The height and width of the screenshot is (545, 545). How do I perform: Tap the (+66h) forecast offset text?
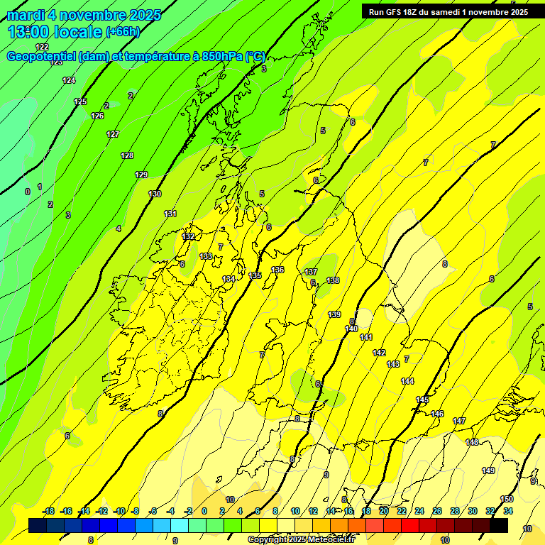tap(123, 32)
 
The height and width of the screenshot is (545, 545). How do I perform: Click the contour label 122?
tap(42, 47)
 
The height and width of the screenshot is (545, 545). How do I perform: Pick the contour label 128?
tap(127, 155)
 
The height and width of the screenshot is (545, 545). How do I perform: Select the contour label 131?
tap(170, 214)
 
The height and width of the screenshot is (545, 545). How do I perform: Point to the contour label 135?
tap(255, 275)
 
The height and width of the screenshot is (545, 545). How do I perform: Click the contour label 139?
tap(335, 314)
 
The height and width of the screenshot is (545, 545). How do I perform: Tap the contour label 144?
tap(407, 381)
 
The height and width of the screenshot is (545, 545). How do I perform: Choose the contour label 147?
tap(459, 421)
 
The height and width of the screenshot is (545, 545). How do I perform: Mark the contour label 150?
tap(507, 499)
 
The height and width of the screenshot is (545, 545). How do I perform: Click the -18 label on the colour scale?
tap(48, 511)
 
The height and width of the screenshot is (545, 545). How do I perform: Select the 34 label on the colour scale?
tap(508, 511)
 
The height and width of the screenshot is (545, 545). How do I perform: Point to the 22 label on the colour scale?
tap(401, 511)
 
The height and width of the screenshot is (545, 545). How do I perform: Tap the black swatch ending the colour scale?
tap(498, 526)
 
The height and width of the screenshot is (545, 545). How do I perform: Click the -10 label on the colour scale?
tap(119, 511)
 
